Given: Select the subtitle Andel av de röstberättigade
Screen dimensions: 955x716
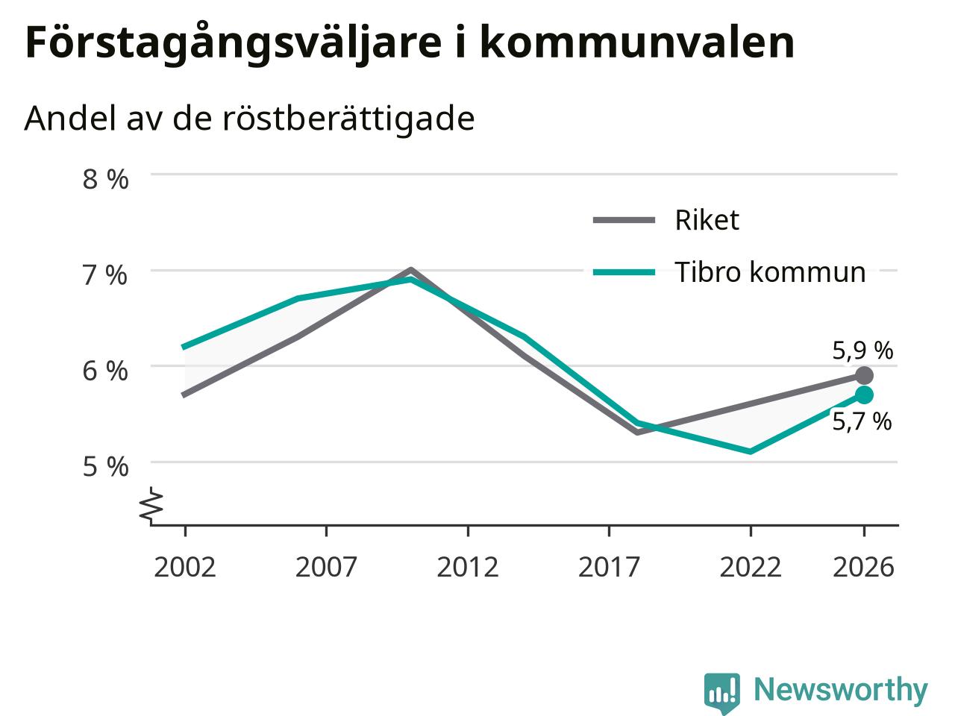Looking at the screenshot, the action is [x=249, y=119].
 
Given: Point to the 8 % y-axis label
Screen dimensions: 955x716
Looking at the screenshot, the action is [x=105, y=180].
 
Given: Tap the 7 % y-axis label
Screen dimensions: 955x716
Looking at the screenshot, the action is [x=105, y=276].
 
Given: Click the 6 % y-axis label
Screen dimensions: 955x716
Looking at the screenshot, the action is [x=105, y=371].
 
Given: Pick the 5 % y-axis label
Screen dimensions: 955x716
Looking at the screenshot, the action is [x=105, y=468].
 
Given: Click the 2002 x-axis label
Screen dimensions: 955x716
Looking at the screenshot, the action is [x=185, y=567].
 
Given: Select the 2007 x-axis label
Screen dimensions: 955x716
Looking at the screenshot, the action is [x=326, y=567].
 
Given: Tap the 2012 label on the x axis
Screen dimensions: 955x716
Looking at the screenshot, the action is [x=468, y=567].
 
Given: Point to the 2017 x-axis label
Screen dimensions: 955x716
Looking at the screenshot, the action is [x=609, y=567].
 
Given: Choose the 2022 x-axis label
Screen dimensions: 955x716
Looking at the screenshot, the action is [x=751, y=567].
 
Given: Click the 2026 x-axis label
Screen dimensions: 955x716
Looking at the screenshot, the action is [x=864, y=567].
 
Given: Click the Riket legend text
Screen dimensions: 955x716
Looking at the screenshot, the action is [x=707, y=220].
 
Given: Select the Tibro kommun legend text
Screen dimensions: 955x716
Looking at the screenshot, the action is [x=770, y=272].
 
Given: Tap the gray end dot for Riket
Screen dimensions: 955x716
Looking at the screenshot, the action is [x=864, y=376].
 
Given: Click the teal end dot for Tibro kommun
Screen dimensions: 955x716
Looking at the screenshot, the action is [x=864, y=395].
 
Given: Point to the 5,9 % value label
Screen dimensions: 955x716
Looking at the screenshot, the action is [x=862, y=351].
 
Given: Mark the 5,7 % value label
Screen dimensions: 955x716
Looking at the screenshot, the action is [x=862, y=421].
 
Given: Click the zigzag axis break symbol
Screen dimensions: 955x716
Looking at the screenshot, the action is [x=151, y=504].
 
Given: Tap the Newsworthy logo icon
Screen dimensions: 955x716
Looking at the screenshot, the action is [x=721, y=692].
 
